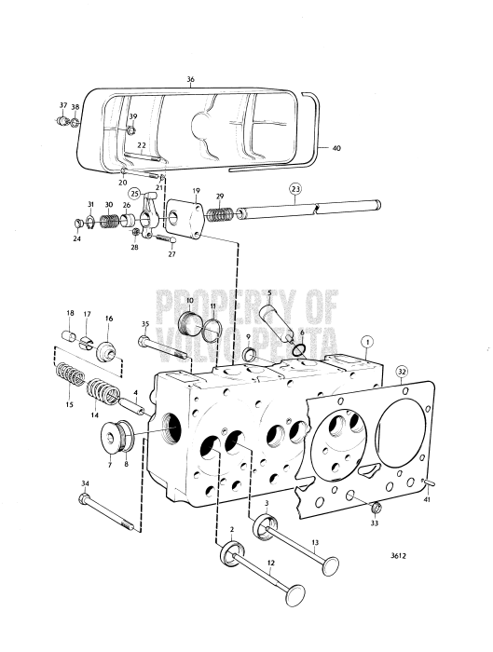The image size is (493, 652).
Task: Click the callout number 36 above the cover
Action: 190,81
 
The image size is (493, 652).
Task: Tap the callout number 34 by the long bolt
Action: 85,482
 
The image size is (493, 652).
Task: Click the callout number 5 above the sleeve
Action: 268,292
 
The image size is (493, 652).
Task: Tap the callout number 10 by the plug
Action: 189,301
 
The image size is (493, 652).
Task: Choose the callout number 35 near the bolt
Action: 144,324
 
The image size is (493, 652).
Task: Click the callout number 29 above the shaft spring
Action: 220,197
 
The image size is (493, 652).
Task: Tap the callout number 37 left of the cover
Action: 63,105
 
